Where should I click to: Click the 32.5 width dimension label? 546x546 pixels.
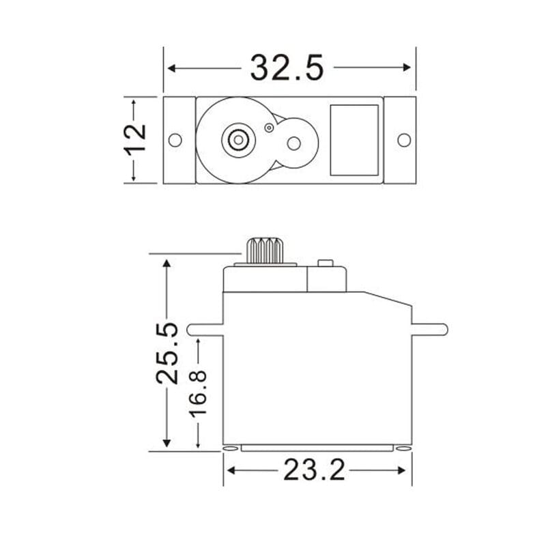(x=287, y=68)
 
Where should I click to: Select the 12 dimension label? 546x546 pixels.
(x=136, y=140)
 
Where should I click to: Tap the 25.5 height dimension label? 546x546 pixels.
(x=168, y=352)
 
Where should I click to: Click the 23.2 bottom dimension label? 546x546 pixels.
(x=315, y=471)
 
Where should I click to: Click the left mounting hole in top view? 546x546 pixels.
(x=175, y=140)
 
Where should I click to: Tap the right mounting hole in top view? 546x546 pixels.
(x=404, y=140)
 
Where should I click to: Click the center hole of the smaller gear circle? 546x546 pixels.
(x=293, y=143)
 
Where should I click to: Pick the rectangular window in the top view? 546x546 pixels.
(x=354, y=140)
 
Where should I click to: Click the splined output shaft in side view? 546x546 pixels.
(x=265, y=250)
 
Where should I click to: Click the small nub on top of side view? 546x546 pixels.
(x=326, y=263)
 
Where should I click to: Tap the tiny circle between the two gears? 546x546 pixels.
(x=269, y=127)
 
